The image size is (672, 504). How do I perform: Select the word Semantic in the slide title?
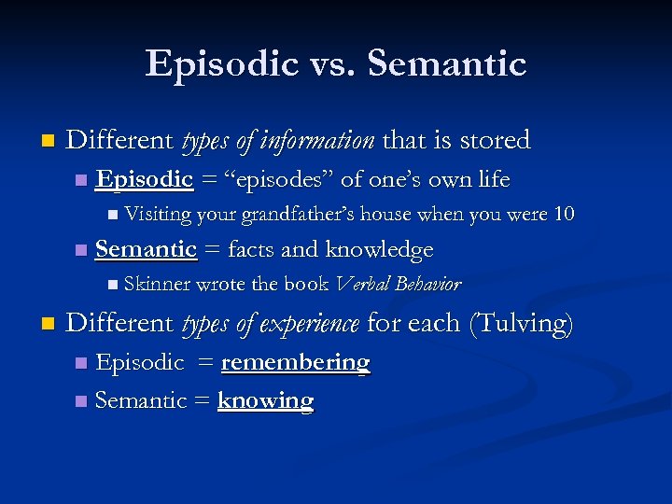click(x=447, y=64)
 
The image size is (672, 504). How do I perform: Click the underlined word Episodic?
click(x=145, y=179)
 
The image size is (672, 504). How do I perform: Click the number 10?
click(x=564, y=215)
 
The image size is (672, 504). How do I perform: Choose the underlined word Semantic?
click(x=147, y=249)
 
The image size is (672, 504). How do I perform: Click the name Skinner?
click(x=158, y=284)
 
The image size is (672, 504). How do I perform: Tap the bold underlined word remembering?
click(x=295, y=362)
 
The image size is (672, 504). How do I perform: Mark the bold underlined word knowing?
click(x=265, y=400)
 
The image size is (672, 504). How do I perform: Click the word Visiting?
click(x=156, y=215)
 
